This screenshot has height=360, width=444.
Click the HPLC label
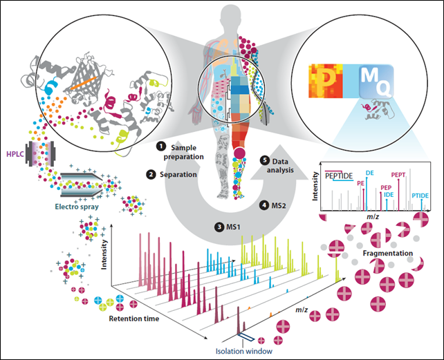[13, 151]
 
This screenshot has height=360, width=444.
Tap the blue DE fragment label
[370, 172]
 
